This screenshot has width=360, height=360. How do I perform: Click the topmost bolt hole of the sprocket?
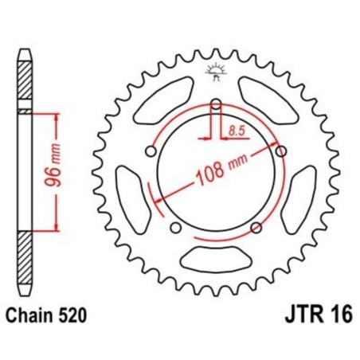(217, 103)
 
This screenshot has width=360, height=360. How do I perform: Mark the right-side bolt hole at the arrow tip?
(280, 151)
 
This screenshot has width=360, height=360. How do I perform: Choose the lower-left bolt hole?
(176, 228)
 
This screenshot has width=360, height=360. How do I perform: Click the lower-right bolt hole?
(256, 228)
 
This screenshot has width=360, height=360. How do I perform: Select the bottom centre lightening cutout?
(216, 257)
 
